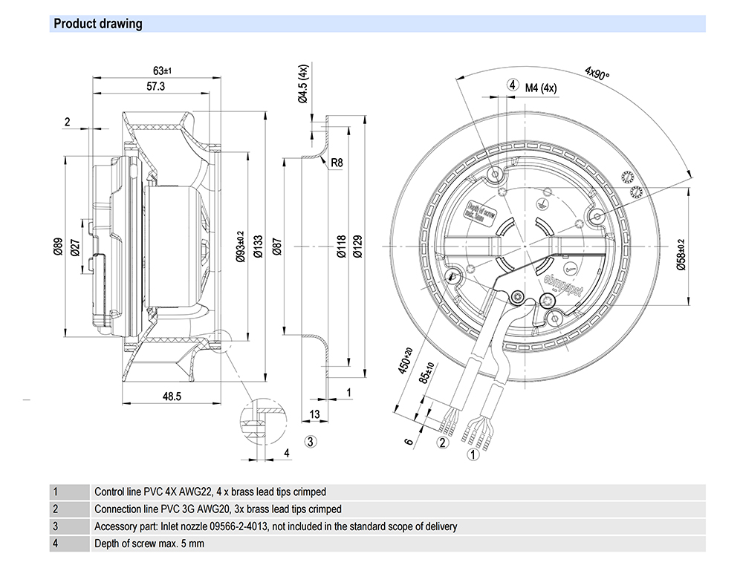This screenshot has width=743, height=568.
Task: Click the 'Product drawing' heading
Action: [x=97, y=24]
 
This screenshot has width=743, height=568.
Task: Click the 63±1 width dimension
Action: [x=163, y=71]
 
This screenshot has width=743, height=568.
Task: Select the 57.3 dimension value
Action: [x=155, y=87]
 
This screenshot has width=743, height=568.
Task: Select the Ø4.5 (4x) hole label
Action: [x=302, y=84]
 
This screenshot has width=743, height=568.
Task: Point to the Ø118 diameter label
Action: [x=342, y=247]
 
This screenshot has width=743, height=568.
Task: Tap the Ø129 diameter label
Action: [x=358, y=247]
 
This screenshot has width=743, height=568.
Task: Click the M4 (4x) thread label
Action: [x=541, y=88]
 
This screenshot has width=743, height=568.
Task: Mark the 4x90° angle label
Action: [x=597, y=74]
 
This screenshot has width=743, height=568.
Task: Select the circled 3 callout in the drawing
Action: [x=311, y=441]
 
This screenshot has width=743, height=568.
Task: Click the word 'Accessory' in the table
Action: [x=115, y=526]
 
